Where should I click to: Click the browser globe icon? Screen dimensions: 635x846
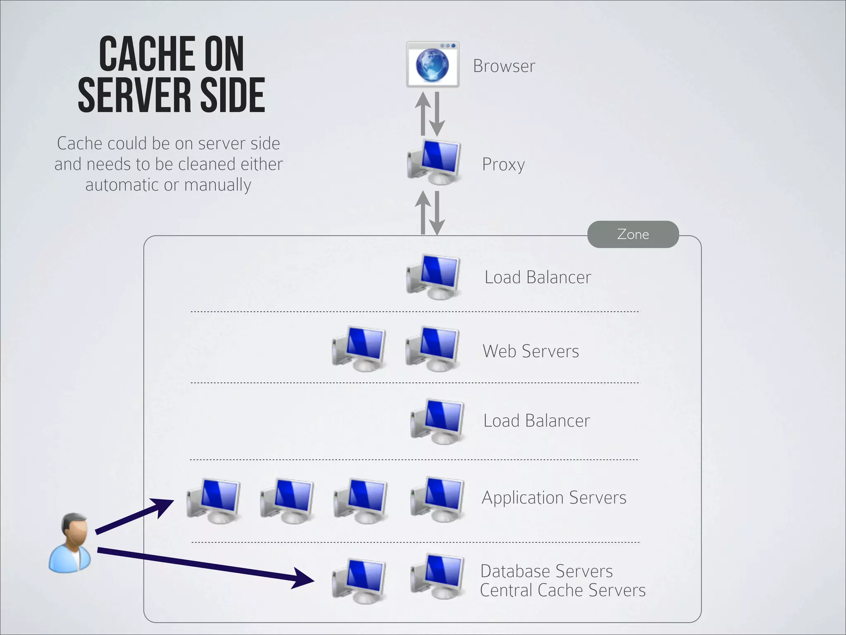[432, 65]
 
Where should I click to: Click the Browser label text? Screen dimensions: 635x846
[504, 66]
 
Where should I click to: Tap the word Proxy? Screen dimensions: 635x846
[503, 165]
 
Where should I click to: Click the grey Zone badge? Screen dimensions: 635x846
[633, 234]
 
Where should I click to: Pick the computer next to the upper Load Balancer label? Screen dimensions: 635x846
[434, 276]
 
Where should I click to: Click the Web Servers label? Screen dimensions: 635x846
[530, 351]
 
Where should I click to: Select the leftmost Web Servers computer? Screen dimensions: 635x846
[359, 349]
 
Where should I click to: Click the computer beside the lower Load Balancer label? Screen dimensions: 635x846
[437, 421]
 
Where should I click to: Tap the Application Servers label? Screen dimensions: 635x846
[554, 497]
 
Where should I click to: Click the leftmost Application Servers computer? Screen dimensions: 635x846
[214, 500]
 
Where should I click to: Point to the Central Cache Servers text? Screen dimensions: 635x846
[562, 590]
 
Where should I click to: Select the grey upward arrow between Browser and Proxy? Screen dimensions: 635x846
[423, 114]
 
